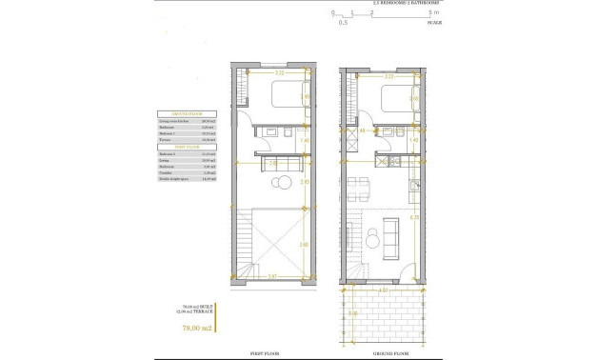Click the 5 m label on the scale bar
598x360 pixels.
pos(433,12)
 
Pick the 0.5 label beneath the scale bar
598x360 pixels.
pos(343,23)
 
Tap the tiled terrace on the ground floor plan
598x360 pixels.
pos(381,314)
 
